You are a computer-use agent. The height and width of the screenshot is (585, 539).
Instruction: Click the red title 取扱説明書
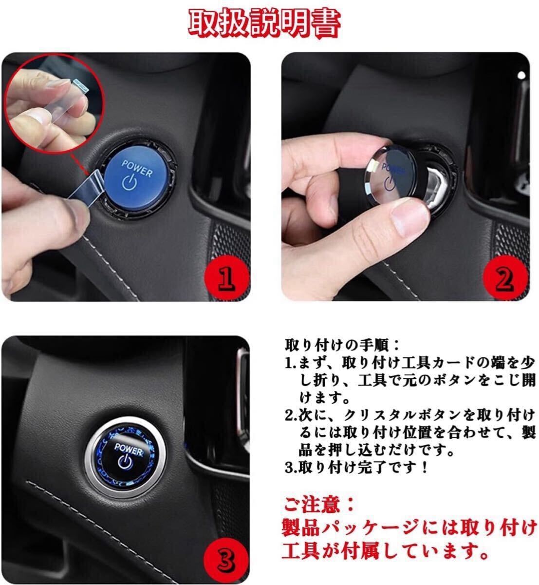264,23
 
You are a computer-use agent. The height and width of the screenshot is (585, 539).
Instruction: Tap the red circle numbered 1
226,277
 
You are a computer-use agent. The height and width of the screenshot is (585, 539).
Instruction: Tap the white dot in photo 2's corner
521,76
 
